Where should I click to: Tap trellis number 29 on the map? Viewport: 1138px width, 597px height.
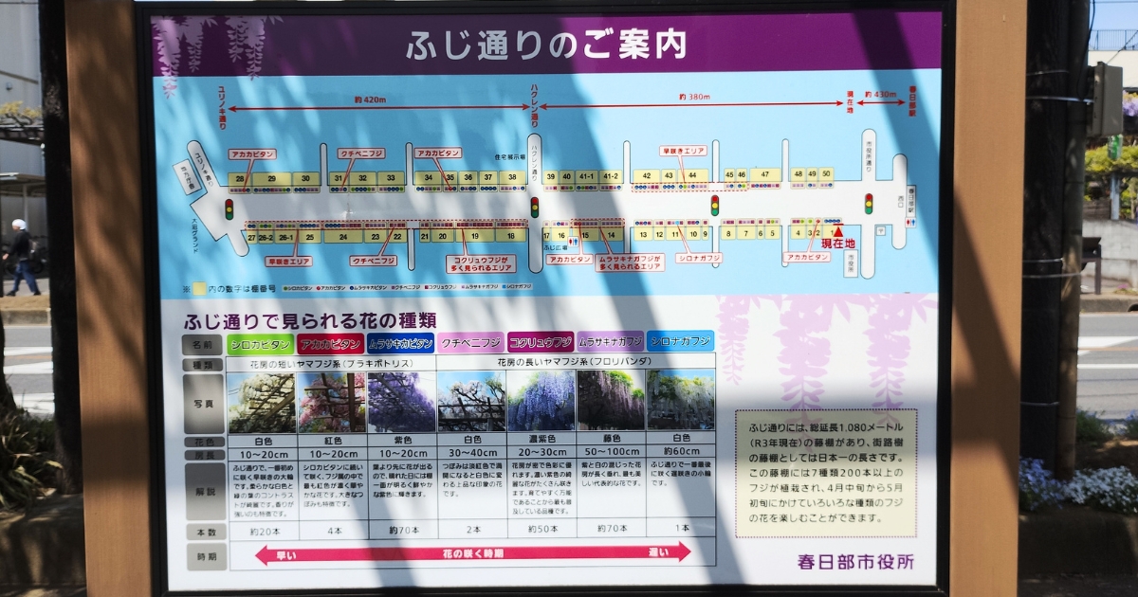272,178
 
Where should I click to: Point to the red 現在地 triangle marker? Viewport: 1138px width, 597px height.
836,230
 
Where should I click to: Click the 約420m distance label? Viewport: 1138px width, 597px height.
369,99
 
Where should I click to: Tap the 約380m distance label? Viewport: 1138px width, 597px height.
694,97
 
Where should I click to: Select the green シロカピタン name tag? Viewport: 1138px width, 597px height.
260,344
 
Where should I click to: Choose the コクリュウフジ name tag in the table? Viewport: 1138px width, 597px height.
541,343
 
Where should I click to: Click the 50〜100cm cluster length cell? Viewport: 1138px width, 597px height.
610,453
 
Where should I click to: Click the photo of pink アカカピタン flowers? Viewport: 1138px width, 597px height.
332,402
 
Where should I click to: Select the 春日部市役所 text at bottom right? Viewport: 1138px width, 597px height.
855,561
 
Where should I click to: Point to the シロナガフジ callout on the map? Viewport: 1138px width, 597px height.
699,258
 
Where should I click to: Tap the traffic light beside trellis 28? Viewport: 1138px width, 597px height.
229,208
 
